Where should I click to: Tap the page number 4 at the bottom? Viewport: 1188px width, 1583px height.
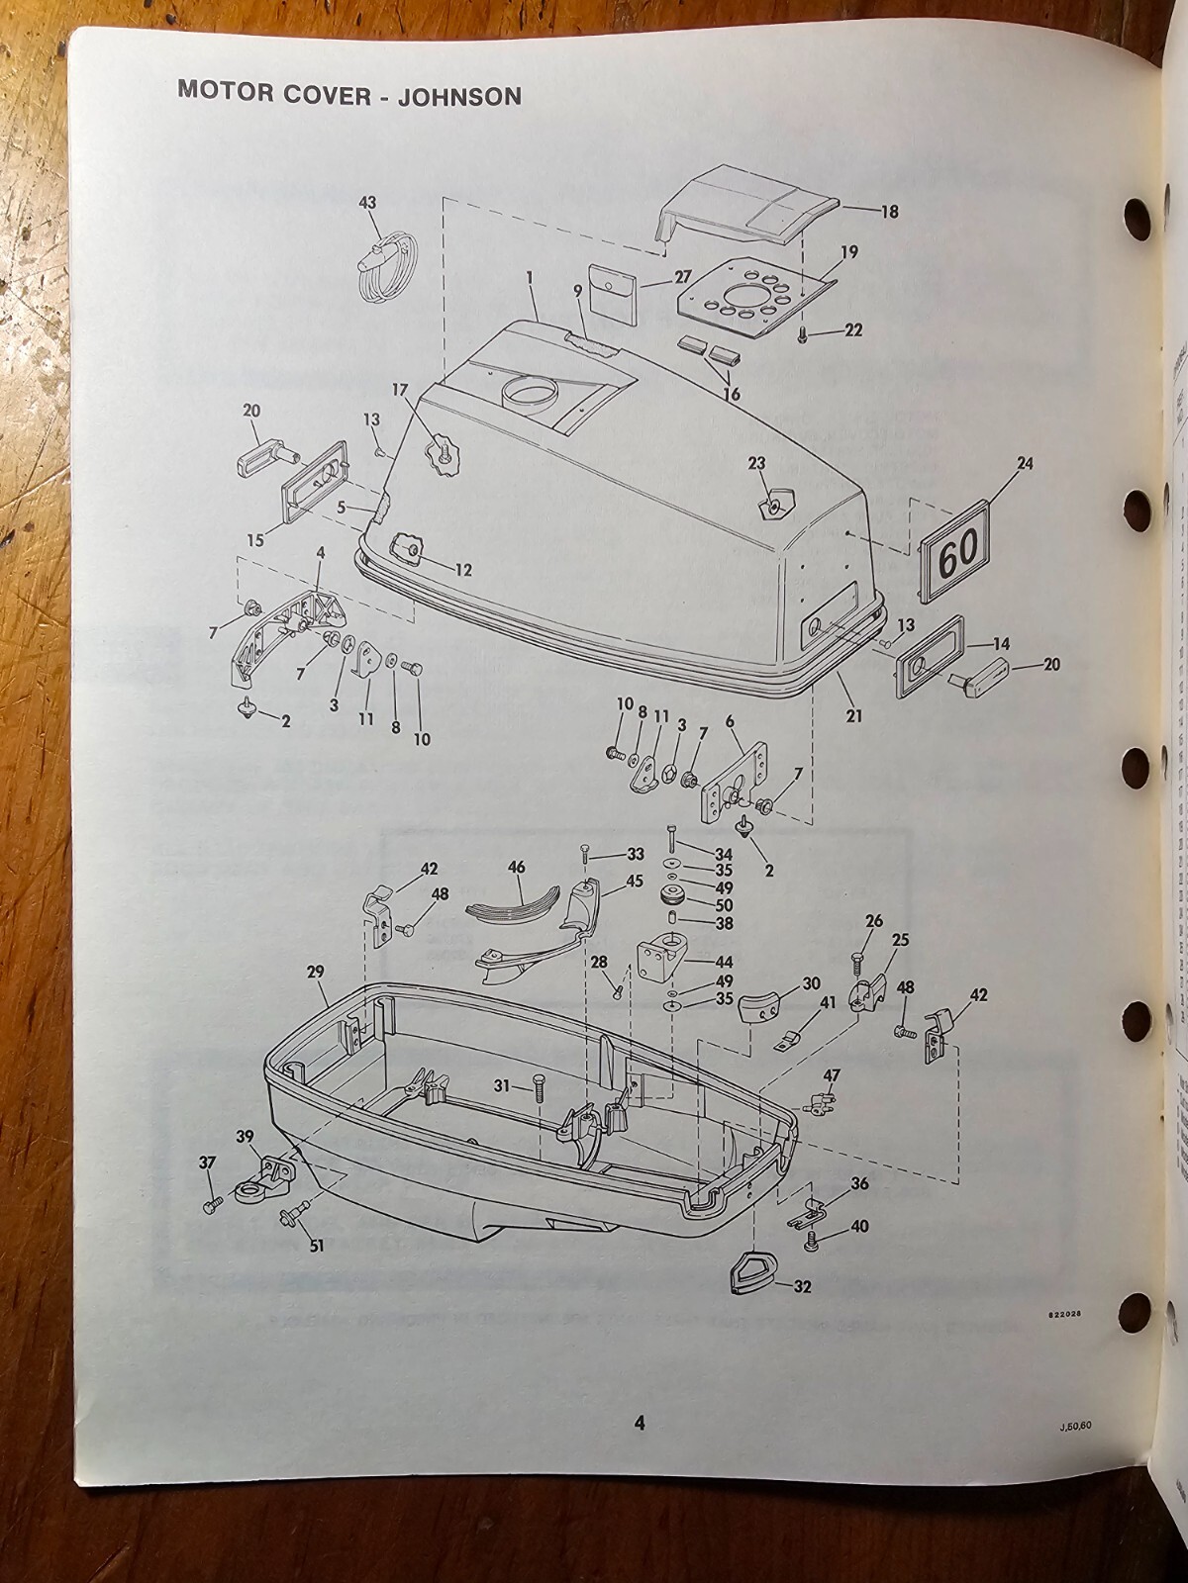(640, 1423)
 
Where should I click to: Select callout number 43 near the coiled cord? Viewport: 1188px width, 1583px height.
(367, 202)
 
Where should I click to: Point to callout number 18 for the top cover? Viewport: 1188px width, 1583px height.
(889, 211)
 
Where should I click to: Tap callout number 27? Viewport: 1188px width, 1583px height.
(682, 277)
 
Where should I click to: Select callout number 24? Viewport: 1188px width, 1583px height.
(1024, 462)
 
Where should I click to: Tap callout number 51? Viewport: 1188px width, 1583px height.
(316, 1246)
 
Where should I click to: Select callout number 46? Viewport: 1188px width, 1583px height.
(517, 867)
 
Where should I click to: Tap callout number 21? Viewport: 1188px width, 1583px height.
(854, 714)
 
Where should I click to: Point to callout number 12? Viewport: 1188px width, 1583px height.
(463, 570)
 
